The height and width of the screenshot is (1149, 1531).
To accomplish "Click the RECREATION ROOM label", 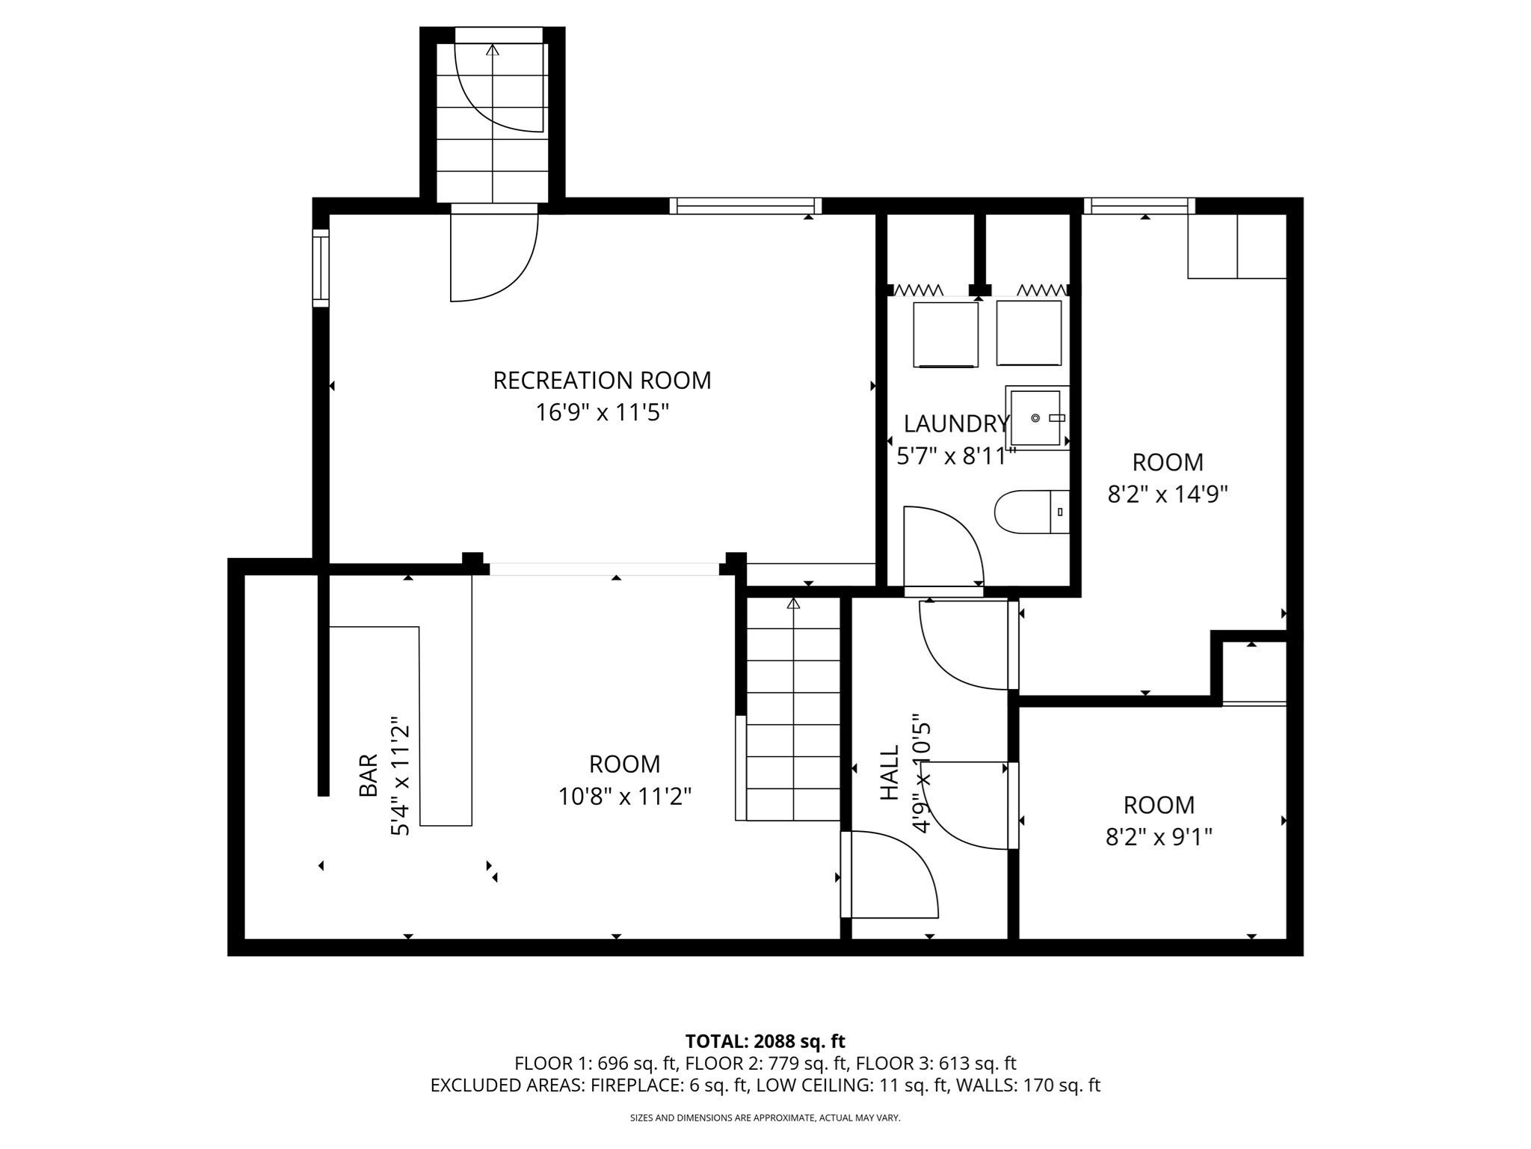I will tap(602, 381).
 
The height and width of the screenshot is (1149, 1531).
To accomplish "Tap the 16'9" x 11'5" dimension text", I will tap(602, 413).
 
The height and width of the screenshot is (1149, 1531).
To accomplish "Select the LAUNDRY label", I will tap(956, 424).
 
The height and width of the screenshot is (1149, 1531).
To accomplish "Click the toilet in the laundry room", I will tap(1031, 512).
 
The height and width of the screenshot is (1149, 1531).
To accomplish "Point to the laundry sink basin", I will tap(1035, 418).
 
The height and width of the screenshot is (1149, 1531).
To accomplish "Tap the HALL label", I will tap(889, 773).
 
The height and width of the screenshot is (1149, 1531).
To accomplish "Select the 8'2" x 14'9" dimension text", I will tap(1168, 494).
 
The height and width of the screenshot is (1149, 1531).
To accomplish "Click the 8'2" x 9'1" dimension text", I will tap(1159, 836).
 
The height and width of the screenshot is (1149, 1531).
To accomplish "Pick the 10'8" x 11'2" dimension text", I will tap(625, 797).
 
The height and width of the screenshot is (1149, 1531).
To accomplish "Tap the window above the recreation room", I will tap(745, 206).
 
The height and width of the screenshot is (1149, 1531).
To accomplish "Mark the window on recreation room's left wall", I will tap(321, 268).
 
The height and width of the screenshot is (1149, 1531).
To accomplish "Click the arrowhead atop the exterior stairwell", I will tap(493, 51).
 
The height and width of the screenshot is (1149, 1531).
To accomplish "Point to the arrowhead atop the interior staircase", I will tap(793, 603).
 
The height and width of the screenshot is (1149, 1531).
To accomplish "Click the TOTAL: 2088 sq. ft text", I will tap(765, 1041).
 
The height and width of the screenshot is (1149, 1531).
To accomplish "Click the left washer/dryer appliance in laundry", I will tap(945, 334).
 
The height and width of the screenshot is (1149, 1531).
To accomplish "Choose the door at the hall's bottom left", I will tap(890, 875).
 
